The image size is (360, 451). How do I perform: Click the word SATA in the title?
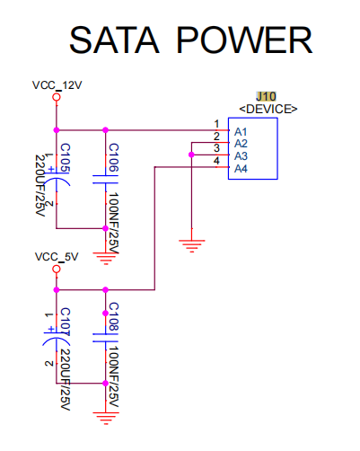coord(114,40)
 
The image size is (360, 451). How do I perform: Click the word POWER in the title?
coord(244,40)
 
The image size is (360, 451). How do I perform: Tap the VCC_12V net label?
coord(57,85)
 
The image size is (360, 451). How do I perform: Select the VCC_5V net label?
coord(57,257)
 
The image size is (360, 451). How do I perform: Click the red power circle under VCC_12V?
coord(57,97)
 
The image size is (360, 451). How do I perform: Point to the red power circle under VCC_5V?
coord(57,269)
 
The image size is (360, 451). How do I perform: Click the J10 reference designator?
coord(266,96)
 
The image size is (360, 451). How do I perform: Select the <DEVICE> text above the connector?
coord(268,109)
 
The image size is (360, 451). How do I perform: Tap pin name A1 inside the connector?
coord(241,132)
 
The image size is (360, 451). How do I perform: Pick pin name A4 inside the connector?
coord(241,169)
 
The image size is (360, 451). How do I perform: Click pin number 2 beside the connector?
coord(216,137)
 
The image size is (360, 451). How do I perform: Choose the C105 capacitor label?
coord(66,158)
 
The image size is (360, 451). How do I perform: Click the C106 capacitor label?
coord(114,157)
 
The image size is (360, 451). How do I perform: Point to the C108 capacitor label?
coord(114,317)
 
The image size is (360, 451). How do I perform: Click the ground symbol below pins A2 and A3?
coord(192,246)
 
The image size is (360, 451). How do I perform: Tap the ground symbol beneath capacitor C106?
coord(106,259)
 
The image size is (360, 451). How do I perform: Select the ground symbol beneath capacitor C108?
coord(106,419)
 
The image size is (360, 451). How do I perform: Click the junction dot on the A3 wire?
coord(191,155)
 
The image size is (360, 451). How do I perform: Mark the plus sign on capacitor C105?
coord(51,169)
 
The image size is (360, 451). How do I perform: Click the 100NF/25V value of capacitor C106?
coord(114,223)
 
